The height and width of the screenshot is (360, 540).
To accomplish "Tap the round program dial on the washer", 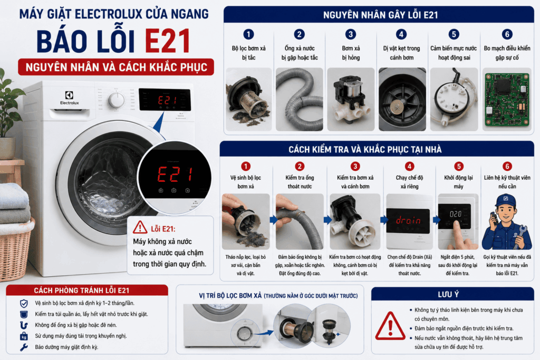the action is [117, 100].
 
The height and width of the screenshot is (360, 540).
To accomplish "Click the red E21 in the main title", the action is [167, 41].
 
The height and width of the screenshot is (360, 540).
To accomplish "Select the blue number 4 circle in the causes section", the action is [401, 34].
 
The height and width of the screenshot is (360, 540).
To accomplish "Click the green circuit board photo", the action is [507, 100].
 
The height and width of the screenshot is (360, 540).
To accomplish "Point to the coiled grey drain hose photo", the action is [300, 100].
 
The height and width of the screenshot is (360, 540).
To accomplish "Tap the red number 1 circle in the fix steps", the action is [246, 166].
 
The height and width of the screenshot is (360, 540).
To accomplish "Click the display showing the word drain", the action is [408, 221].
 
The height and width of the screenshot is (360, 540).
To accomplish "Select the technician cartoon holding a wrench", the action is [507, 222].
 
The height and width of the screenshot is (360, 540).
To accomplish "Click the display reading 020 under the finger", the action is [454, 216].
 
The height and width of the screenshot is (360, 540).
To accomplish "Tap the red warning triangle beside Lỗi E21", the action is [140, 228].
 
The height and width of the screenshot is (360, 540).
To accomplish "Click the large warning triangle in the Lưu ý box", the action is [390, 326].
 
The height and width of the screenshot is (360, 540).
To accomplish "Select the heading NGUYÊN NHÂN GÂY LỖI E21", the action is [380, 15].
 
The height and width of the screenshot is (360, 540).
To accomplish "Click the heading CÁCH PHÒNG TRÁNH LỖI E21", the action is [82, 290].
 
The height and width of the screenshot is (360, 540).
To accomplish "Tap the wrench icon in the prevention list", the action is [24, 347].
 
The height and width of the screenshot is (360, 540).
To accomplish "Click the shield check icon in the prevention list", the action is [24, 303].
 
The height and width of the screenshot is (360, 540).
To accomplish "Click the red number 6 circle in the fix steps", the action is [507, 166].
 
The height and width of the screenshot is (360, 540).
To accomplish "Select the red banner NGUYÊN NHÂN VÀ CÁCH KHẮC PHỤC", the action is [116, 67].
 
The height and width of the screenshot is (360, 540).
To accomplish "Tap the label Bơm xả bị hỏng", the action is [351, 53].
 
